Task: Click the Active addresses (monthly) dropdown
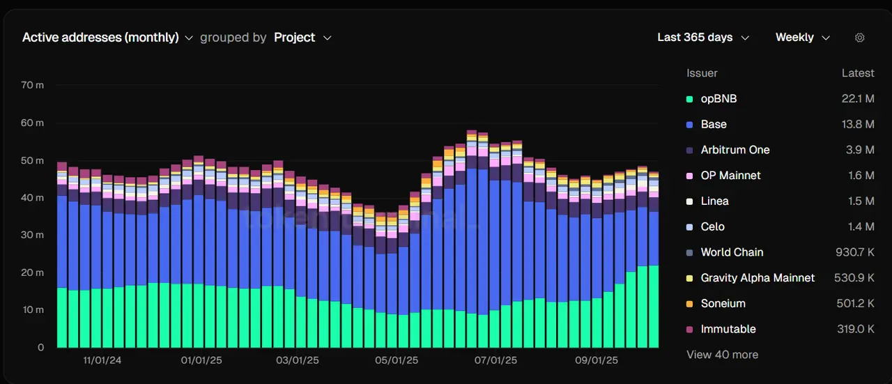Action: pyautogui.click(x=107, y=38)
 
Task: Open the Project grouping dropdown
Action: pyautogui.click(x=302, y=38)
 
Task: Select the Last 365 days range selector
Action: pyautogui.click(x=702, y=38)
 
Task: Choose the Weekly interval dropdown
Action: pyautogui.click(x=802, y=38)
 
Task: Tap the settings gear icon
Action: pyautogui.click(x=860, y=38)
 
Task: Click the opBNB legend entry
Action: pyautogui.click(x=718, y=99)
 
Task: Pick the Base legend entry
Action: pyautogui.click(x=714, y=125)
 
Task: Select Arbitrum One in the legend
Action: pyautogui.click(x=735, y=150)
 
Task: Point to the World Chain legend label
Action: pyautogui.click(x=732, y=252)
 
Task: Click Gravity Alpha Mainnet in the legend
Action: pyautogui.click(x=758, y=278)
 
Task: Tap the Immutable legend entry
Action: pyautogui.click(x=728, y=329)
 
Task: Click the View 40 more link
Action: pyautogui.click(x=722, y=355)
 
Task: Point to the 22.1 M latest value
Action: pyautogui.click(x=858, y=99)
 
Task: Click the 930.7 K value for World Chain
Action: pyautogui.click(x=855, y=252)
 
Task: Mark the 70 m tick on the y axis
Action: pyautogui.click(x=32, y=85)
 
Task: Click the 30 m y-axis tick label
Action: pyautogui.click(x=32, y=235)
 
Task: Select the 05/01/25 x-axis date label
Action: pyautogui.click(x=397, y=360)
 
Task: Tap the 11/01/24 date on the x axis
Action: pyautogui.click(x=102, y=360)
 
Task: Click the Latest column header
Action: pyautogui.click(x=858, y=73)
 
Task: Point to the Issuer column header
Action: pyautogui.click(x=702, y=73)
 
